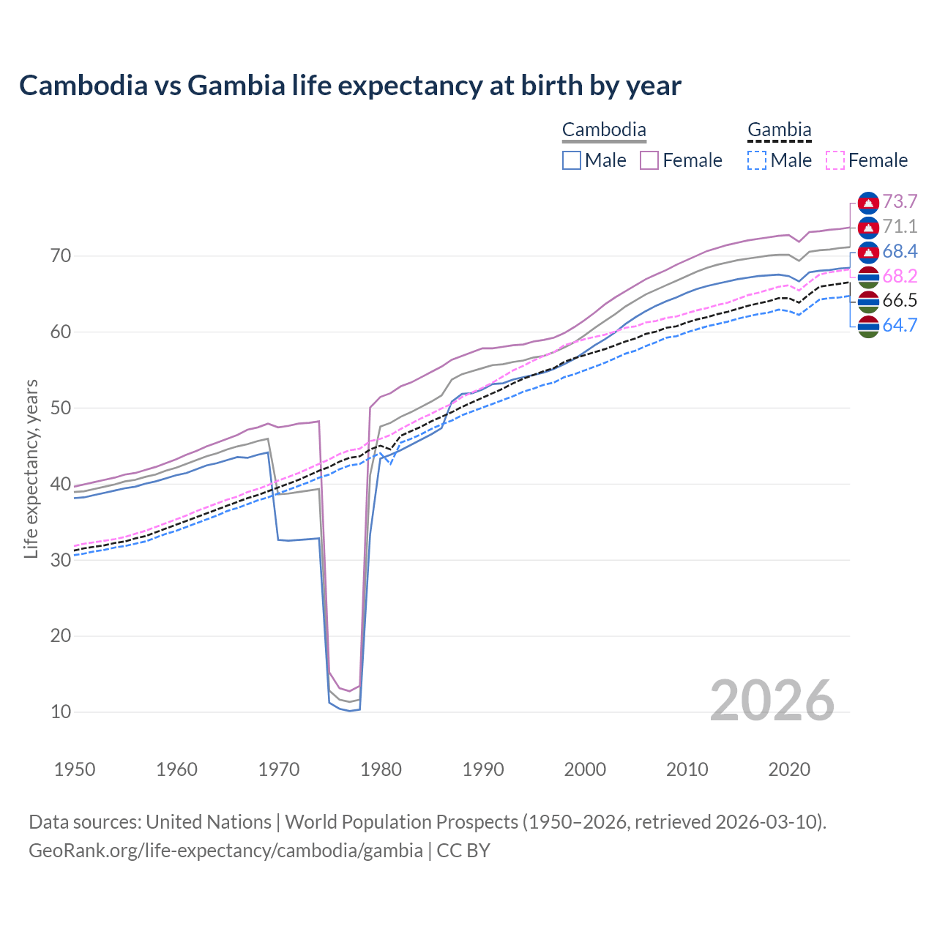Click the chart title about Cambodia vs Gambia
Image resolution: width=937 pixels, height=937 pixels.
(x=350, y=86)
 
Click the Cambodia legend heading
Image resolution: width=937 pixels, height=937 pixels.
(x=604, y=130)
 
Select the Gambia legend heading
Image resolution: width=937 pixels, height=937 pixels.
(x=779, y=130)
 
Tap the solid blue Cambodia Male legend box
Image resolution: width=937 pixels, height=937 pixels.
(x=572, y=160)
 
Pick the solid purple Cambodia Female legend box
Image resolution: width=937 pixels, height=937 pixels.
(x=649, y=160)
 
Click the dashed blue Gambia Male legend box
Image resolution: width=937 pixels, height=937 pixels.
(x=757, y=160)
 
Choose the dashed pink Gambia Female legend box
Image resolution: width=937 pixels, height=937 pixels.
(x=835, y=160)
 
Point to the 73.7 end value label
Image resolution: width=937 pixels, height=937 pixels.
(x=900, y=201)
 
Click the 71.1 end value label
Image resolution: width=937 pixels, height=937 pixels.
(x=900, y=226)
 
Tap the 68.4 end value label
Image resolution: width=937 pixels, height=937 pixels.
(x=900, y=251)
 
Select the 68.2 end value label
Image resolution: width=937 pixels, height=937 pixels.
(x=900, y=276)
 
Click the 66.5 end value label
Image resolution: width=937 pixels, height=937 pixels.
(x=900, y=300)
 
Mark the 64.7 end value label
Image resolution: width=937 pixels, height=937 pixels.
(x=900, y=325)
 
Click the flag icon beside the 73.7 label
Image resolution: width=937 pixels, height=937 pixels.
(x=868, y=202)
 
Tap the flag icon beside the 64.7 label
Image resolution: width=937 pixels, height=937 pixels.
(x=868, y=326)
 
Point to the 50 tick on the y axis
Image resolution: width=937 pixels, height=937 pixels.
(x=61, y=408)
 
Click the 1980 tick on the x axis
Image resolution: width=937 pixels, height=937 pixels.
(x=381, y=769)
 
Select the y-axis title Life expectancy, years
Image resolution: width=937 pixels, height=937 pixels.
(x=31, y=468)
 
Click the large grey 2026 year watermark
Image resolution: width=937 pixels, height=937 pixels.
(x=772, y=701)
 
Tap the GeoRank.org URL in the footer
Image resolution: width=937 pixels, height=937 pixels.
(x=225, y=851)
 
